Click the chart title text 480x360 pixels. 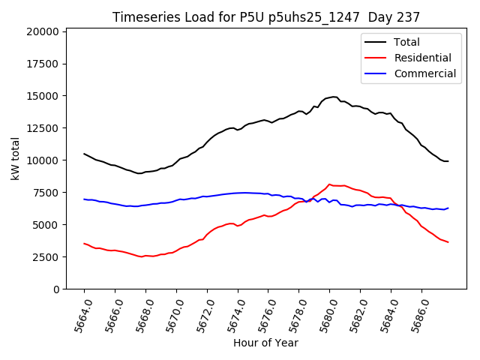[265, 16]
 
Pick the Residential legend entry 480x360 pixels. [422, 58]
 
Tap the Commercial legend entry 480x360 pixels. [424, 73]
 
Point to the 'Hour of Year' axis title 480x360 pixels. [265, 343]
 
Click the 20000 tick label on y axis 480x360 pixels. [41, 31]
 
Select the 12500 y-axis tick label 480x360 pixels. [41, 128]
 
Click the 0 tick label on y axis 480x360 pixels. [55, 289]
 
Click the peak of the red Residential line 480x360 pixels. [329, 184]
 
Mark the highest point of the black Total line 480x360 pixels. [334, 97]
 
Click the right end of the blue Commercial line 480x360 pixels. [448, 208]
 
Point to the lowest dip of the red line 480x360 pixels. [140, 256]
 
